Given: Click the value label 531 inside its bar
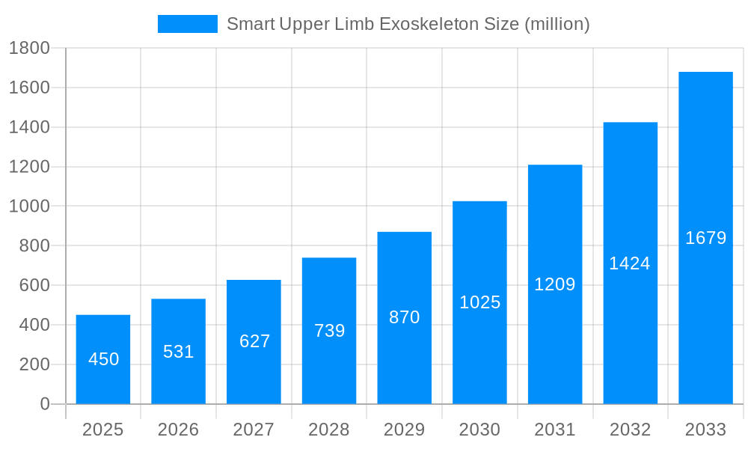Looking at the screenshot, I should coord(179,352).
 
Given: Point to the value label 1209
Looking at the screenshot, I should coord(555,284).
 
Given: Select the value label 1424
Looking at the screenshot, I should coord(630,263).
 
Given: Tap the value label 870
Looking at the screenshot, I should coord(405,317).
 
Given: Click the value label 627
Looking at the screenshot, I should coord(254,341).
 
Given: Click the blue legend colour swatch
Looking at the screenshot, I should coord(188,24).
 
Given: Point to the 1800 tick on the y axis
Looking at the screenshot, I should coord(29,49).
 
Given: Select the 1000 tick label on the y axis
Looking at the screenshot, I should coord(29,207).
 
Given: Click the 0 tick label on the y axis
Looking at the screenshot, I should coord(44,404).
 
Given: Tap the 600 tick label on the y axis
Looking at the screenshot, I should coord(34,286).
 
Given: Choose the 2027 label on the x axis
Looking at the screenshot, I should coord(254,430).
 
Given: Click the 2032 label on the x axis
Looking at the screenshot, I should coord(631,430).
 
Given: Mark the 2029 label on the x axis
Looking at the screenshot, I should coord(405,430).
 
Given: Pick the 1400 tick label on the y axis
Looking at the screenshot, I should coord(29,127).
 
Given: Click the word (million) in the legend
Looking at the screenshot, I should coord(557,24).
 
